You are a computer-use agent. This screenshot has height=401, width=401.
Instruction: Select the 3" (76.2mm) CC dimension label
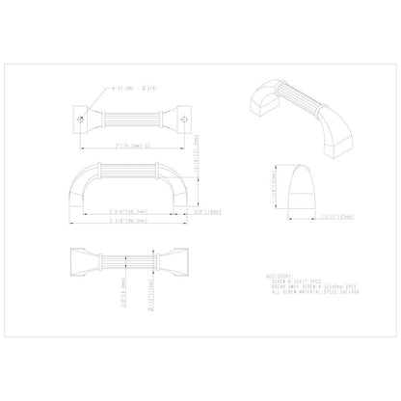[133, 146]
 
